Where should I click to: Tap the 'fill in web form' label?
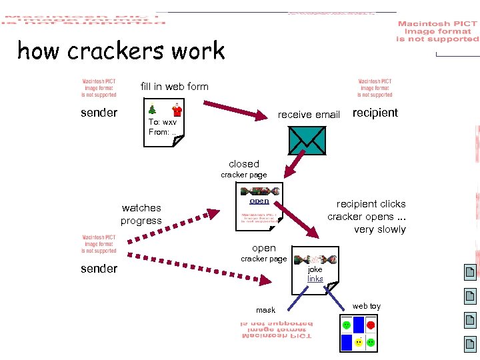(174, 87)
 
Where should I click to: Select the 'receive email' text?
(309, 115)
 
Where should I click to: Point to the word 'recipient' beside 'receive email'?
(375, 113)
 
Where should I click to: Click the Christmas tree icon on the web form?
(153, 109)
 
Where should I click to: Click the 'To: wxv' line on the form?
(163, 122)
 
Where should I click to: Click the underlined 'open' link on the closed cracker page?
(259, 201)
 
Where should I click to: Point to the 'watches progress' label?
(141, 214)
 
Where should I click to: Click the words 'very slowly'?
(379, 229)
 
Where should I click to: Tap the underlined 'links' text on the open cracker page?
(315, 279)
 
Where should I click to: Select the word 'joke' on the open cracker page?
(315, 269)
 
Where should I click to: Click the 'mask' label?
(265, 310)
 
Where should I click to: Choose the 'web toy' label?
(366, 306)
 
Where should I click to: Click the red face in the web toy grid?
(371, 325)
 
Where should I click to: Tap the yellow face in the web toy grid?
(359, 342)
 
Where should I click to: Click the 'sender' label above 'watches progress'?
(99, 113)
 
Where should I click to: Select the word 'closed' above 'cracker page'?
(243, 164)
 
